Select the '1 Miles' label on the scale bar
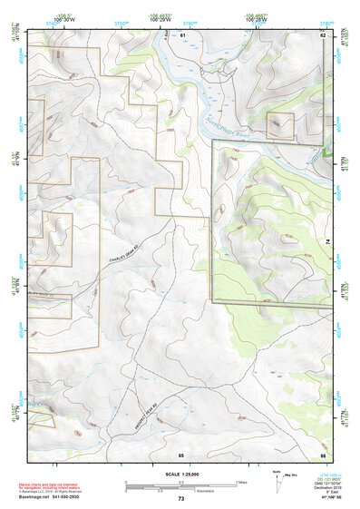click(240, 481)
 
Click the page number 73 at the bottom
click(181, 499)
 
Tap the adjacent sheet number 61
click(182, 34)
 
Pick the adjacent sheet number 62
click(321, 34)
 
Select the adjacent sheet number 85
click(181, 454)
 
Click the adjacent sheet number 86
click(321, 454)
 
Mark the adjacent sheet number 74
click(327, 243)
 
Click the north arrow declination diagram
click(276, 481)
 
